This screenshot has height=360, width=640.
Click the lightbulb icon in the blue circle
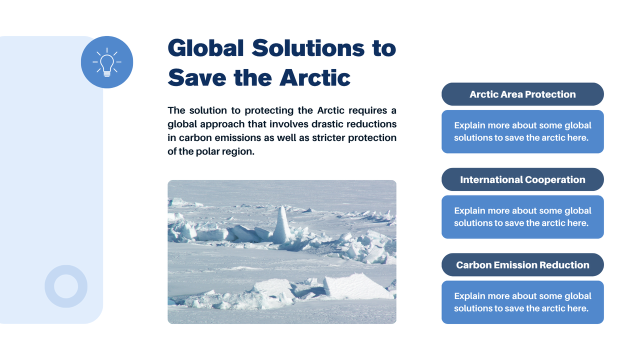(x=107, y=62)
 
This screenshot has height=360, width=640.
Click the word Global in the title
(x=205, y=48)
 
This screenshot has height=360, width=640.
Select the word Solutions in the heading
(x=308, y=48)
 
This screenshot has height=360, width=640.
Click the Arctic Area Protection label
(x=522, y=94)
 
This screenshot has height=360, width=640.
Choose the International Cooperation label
(x=522, y=179)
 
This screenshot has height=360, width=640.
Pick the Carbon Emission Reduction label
(x=522, y=265)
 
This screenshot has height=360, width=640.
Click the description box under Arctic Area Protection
(x=522, y=131)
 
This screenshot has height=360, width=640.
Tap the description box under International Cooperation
(x=522, y=217)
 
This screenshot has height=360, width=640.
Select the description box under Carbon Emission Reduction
(x=522, y=302)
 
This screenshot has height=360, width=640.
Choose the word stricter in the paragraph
(x=328, y=137)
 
